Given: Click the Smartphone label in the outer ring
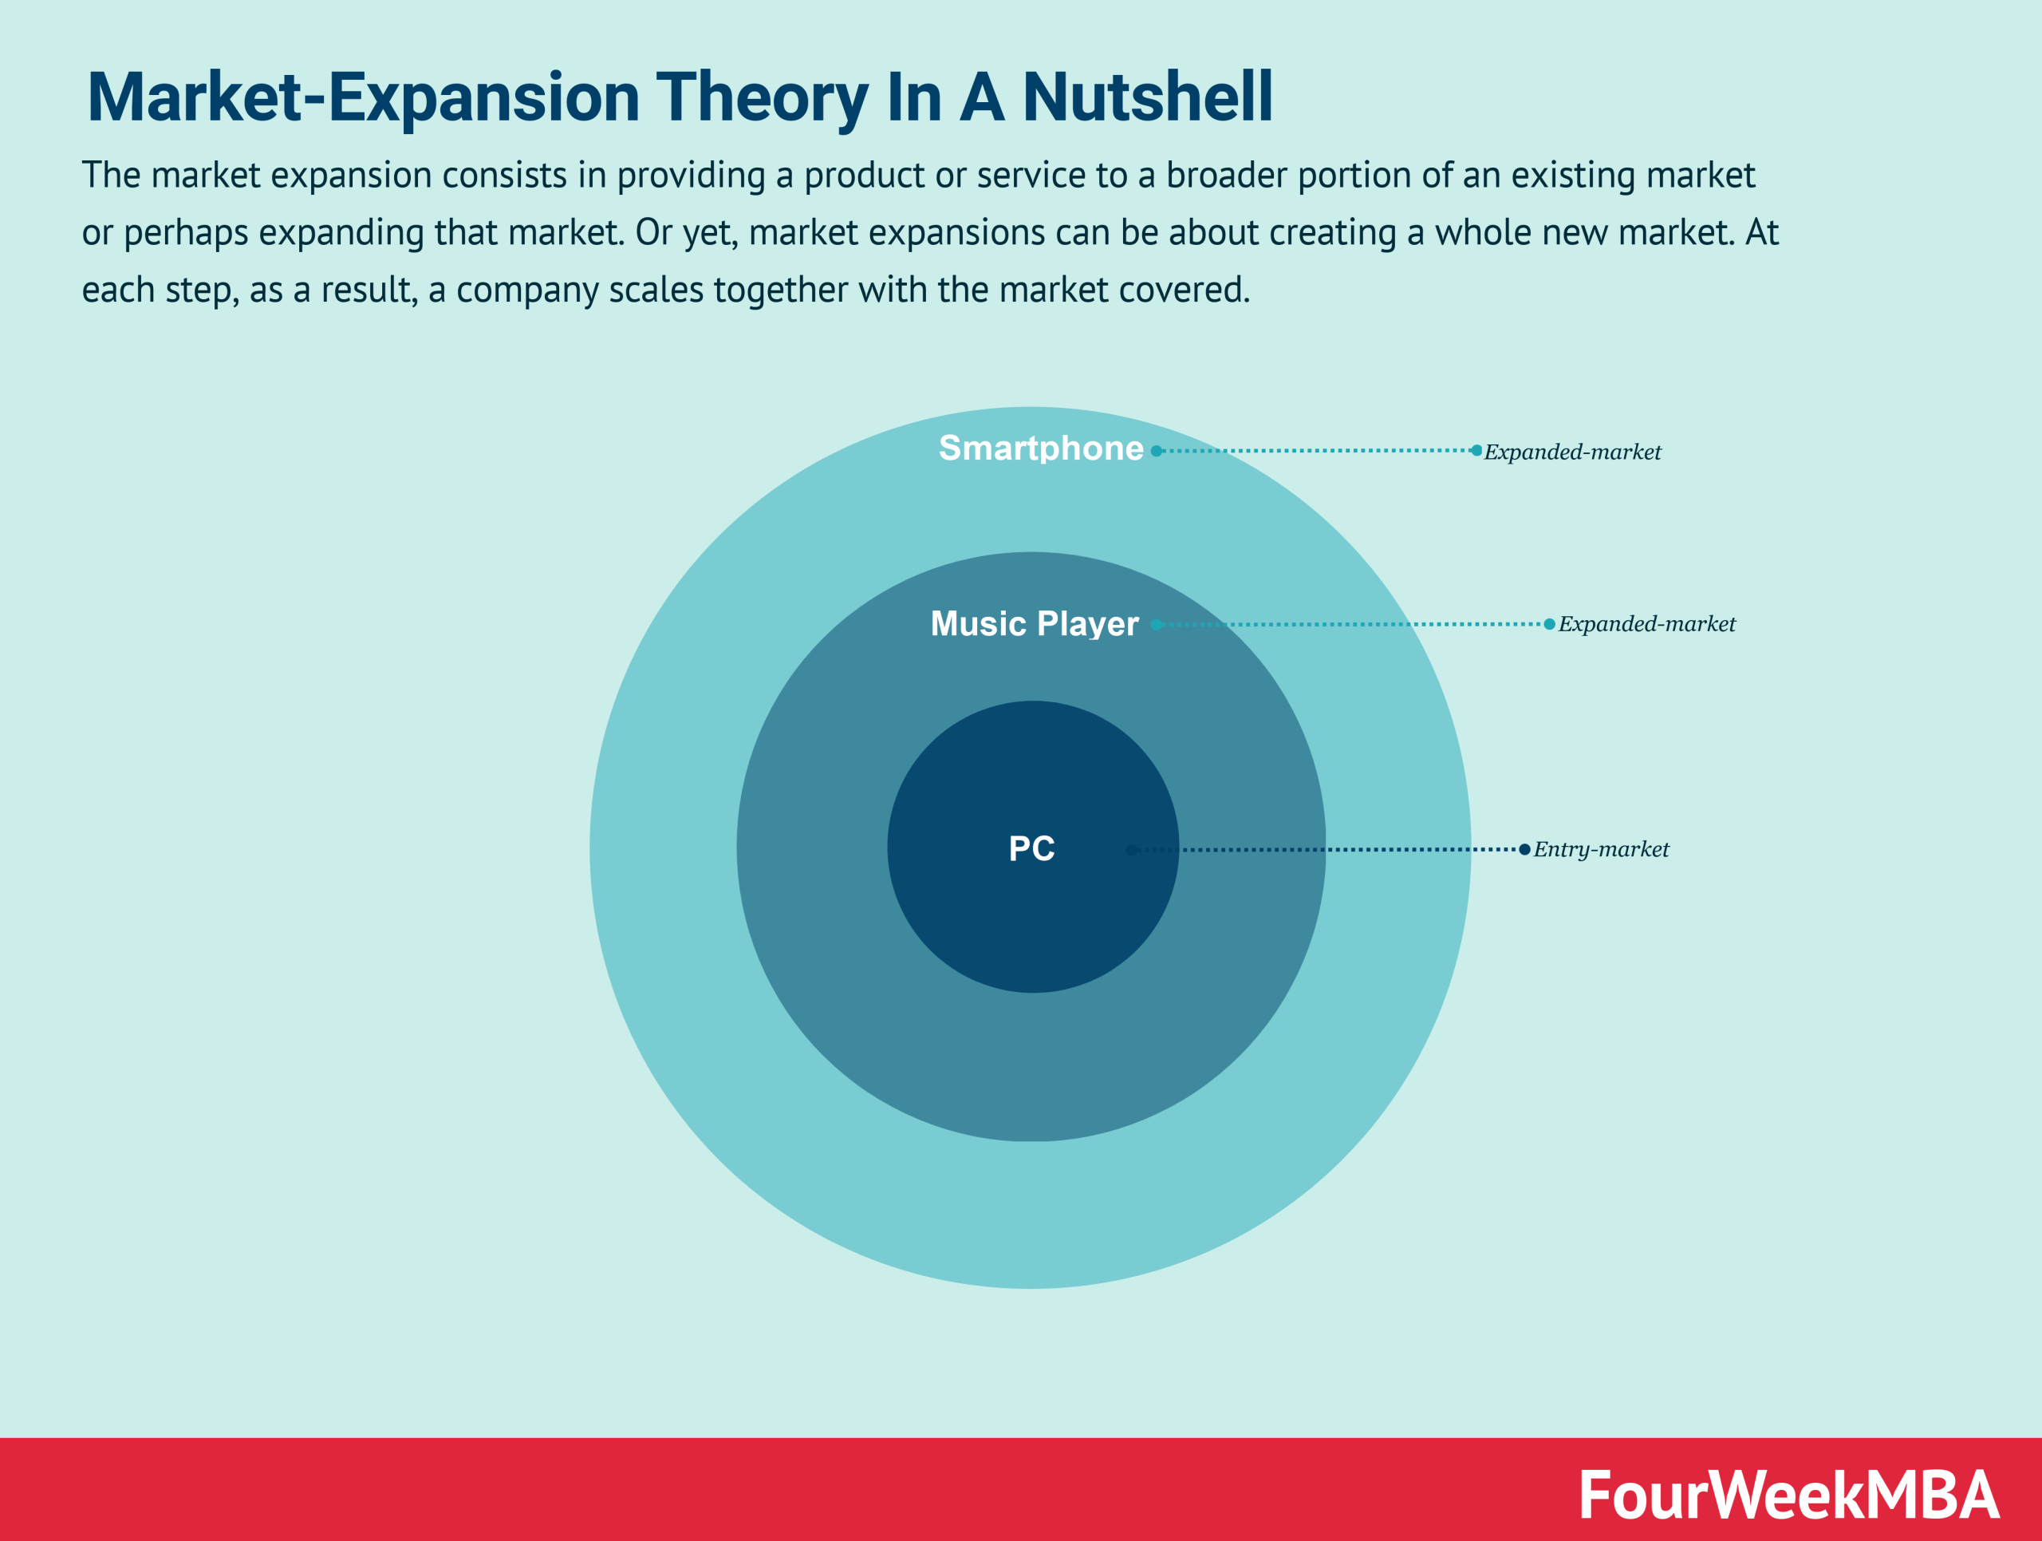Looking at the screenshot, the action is point(1040,448).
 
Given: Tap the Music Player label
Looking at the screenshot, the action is point(1035,624).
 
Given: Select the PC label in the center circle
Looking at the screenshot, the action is point(1031,848).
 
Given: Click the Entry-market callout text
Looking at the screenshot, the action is point(1601,849).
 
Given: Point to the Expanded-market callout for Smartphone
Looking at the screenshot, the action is point(1572,452).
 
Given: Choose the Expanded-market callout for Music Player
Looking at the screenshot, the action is point(1647,624).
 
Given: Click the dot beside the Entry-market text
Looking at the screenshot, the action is point(1524,849).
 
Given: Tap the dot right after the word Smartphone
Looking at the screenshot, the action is point(1156,451).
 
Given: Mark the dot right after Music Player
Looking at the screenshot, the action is point(1156,624).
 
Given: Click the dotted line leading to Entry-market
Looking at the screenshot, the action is point(1327,849).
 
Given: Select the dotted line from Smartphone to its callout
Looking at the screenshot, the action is point(1316,451).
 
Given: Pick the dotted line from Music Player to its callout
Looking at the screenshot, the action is point(1352,624).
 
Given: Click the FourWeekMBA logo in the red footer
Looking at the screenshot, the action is point(1788,1495).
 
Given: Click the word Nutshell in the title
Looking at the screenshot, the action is point(1148,97).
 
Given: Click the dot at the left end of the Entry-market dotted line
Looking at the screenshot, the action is point(1132,849).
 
